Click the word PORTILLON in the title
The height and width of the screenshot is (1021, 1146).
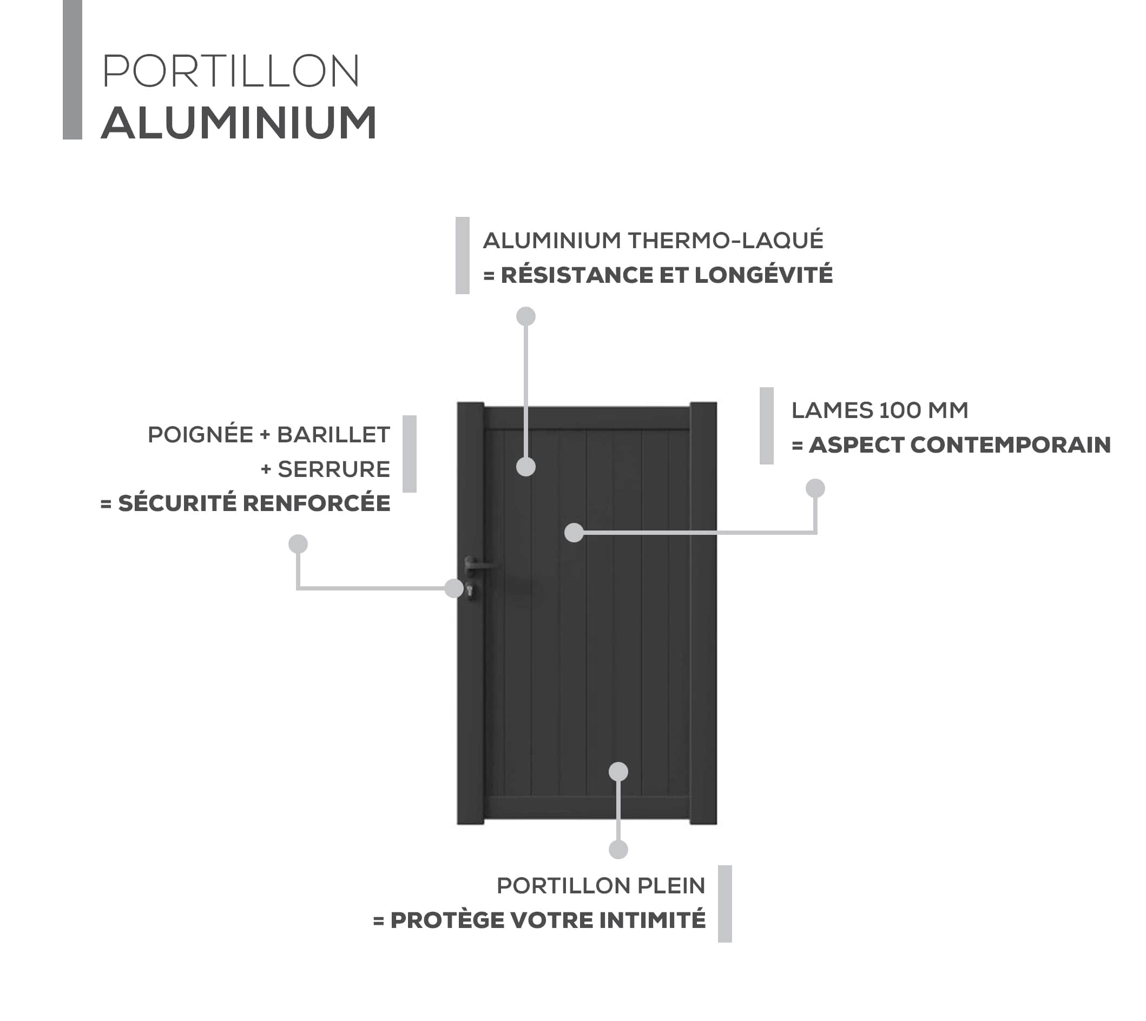click(230, 71)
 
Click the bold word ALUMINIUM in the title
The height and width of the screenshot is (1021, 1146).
click(239, 123)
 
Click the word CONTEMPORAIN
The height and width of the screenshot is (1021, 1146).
click(1010, 445)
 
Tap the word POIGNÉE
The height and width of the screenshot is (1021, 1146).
click(200, 435)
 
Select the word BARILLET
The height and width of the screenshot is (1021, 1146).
click(333, 435)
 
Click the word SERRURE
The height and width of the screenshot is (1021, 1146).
click(334, 469)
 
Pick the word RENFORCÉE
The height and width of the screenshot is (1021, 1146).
click(317, 503)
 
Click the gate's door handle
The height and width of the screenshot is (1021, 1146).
click(477, 564)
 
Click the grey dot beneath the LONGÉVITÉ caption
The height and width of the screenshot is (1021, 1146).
click(526, 316)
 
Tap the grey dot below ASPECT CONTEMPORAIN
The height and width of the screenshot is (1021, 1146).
click(815, 488)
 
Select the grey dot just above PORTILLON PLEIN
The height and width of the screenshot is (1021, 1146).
click(618, 850)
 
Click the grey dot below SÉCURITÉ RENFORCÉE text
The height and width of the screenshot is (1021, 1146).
click(298, 543)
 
